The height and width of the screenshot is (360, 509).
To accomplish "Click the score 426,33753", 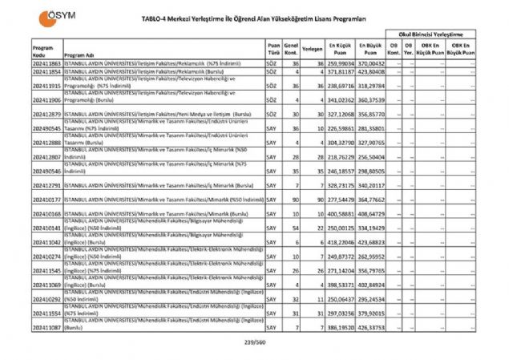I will (x=372, y=327).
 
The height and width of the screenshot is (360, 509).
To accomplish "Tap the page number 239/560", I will (x=254, y=343).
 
